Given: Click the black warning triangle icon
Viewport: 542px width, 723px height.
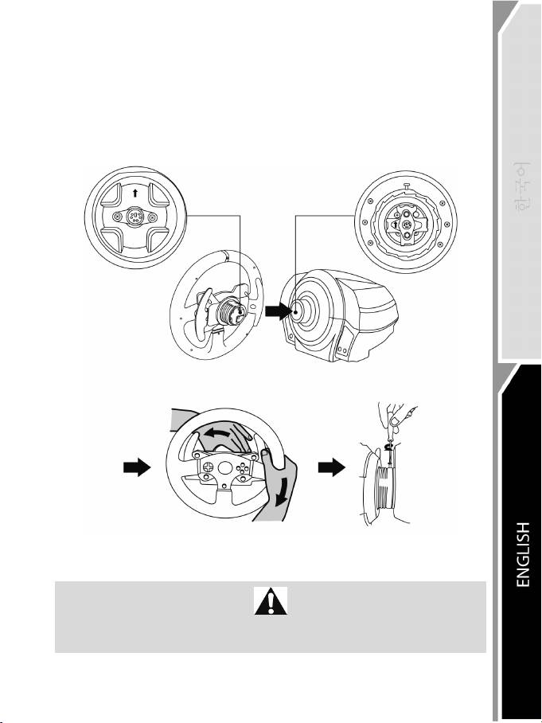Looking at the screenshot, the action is pyautogui.click(x=271, y=603).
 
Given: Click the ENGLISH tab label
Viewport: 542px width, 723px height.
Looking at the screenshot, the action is pyautogui.click(x=522, y=555).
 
